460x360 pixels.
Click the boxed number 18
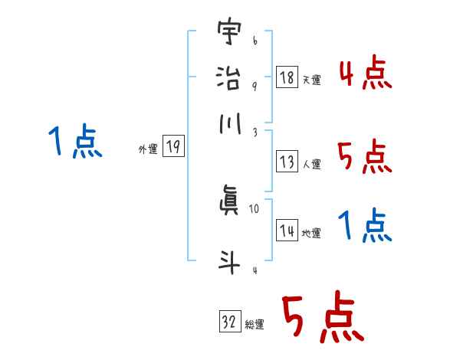click(287, 77)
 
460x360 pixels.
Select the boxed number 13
click(287, 162)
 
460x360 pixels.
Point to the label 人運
click(311, 163)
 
